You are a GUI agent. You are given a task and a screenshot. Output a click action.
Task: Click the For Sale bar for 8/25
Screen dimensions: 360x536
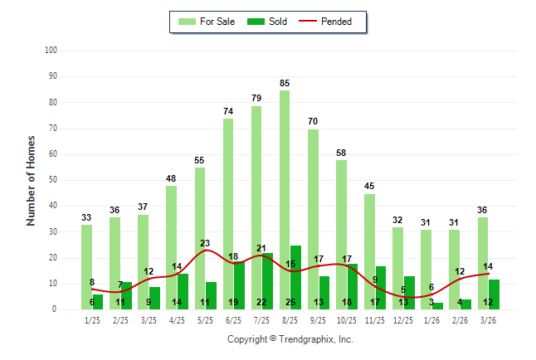pyautogui.click(x=285, y=199)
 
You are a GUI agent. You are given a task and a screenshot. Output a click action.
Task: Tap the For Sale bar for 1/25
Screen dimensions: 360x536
pyautogui.click(x=86, y=266)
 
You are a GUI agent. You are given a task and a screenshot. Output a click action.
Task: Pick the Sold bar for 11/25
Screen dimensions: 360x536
pyautogui.click(x=381, y=287)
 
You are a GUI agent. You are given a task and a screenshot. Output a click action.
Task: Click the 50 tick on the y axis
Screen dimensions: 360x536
pyautogui.click(x=52, y=180)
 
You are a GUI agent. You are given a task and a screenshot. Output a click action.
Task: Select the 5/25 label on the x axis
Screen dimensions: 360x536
pyautogui.click(x=206, y=319)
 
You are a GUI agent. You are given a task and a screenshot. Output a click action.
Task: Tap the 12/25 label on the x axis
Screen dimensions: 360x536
pyautogui.click(x=404, y=319)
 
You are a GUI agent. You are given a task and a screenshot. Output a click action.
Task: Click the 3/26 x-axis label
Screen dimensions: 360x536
pyautogui.click(x=489, y=319)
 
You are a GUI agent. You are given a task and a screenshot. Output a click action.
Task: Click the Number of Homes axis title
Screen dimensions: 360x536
pyautogui.click(x=31, y=180)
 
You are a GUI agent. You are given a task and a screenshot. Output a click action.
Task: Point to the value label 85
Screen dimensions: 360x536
pyautogui.click(x=285, y=83)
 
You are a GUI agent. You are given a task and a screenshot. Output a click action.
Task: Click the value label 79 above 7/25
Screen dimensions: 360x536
pyautogui.click(x=256, y=99)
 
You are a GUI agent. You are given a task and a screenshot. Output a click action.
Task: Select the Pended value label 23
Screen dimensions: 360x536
pyautogui.click(x=205, y=243)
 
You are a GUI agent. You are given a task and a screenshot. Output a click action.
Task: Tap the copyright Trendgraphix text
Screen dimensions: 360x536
pyautogui.click(x=290, y=339)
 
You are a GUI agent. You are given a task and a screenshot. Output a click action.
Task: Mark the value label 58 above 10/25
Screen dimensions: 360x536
pyautogui.click(x=341, y=153)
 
